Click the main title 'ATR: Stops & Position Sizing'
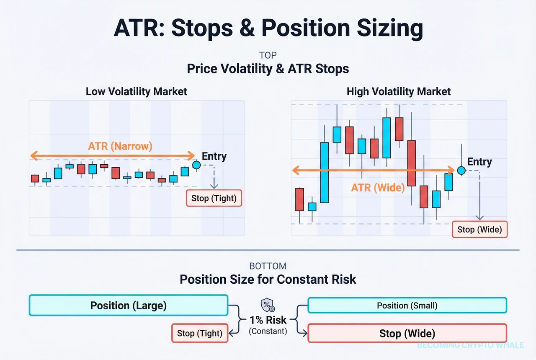[268, 28]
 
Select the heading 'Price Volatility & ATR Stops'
[268, 69]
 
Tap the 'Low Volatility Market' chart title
[137, 91]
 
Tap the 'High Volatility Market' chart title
[399, 91]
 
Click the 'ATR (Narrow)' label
[120, 146]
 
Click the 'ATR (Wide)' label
[378, 188]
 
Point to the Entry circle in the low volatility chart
[196, 165]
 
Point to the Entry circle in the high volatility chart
[461, 170]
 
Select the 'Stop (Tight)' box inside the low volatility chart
[214, 198]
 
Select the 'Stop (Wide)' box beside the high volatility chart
[479, 229]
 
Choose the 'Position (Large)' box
[129, 306]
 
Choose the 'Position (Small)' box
[407, 306]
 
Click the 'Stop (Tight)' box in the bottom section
[200, 333]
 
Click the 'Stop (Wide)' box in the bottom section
[407, 334]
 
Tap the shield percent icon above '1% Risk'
[268, 305]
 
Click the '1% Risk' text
[268, 320]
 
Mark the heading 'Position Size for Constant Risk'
[268, 280]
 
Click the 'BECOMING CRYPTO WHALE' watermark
[470, 345]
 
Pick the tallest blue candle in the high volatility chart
[324, 173]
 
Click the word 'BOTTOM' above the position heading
[268, 266]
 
